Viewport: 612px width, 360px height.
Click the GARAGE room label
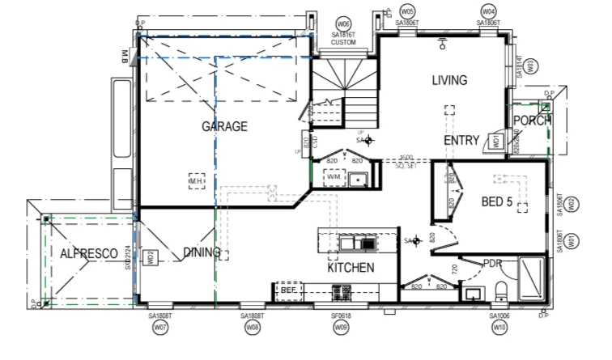[224, 126]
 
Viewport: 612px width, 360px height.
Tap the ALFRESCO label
[84, 253]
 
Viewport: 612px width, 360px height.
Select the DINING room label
[202, 252]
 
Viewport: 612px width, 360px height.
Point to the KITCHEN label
[351, 268]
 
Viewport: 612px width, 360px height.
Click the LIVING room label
[449, 80]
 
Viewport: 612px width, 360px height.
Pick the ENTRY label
[461, 140]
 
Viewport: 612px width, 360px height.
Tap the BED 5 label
[497, 201]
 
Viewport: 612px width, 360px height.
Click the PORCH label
[532, 121]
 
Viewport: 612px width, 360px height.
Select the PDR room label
[494, 263]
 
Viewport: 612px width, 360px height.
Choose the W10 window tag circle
[499, 328]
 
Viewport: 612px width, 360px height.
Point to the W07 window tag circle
[160, 328]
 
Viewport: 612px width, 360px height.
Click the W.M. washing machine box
[336, 176]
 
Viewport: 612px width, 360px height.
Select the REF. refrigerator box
[290, 290]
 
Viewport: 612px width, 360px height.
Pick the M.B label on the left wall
[125, 57]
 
